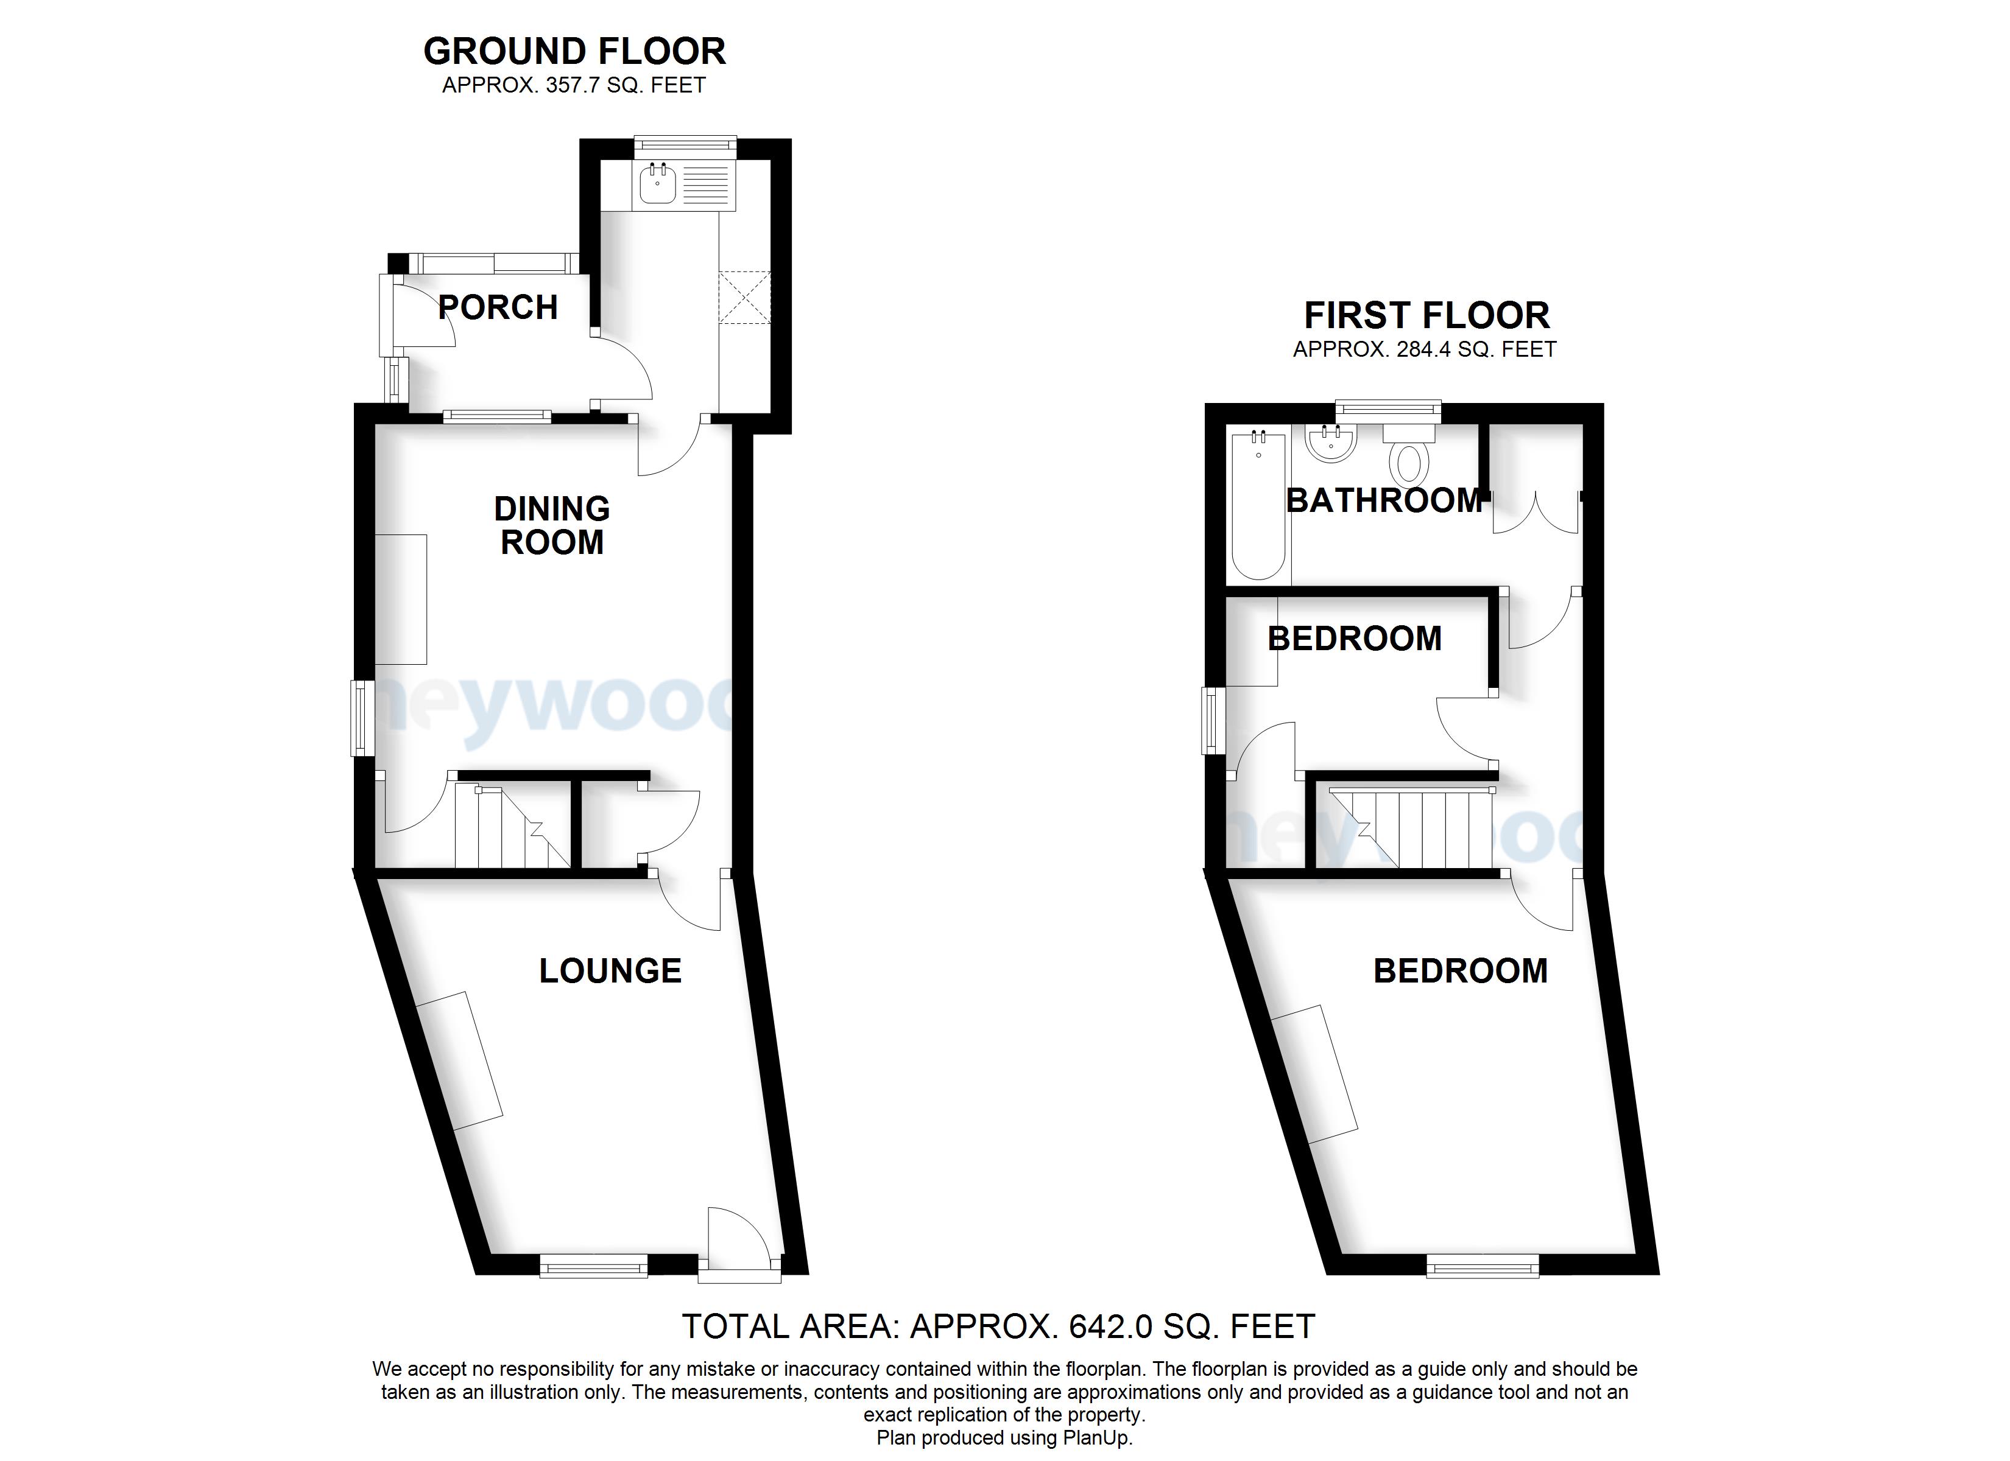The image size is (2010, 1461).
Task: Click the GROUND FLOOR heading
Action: (x=574, y=51)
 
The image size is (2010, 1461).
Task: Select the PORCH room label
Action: (x=498, y=307)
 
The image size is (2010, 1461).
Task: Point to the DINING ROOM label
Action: (x=551, y=525)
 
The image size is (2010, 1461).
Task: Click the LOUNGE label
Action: (x=611, y=971)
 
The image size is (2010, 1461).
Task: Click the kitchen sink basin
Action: (x=657, y=184)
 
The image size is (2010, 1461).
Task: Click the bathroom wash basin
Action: (x=1330, y=443)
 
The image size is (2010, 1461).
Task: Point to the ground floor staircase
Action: (x=512, y=825)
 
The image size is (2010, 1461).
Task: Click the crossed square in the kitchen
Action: (x=744, y=298)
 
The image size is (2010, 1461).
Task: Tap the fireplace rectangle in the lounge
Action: (x=460, y=1060)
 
